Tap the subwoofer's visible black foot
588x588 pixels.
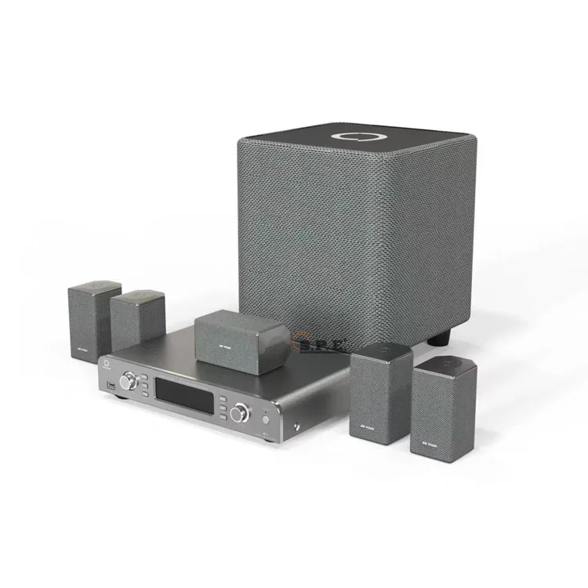pos(439,340)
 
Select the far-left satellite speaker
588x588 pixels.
pos(94,318)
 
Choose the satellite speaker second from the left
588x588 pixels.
pos(138,319)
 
